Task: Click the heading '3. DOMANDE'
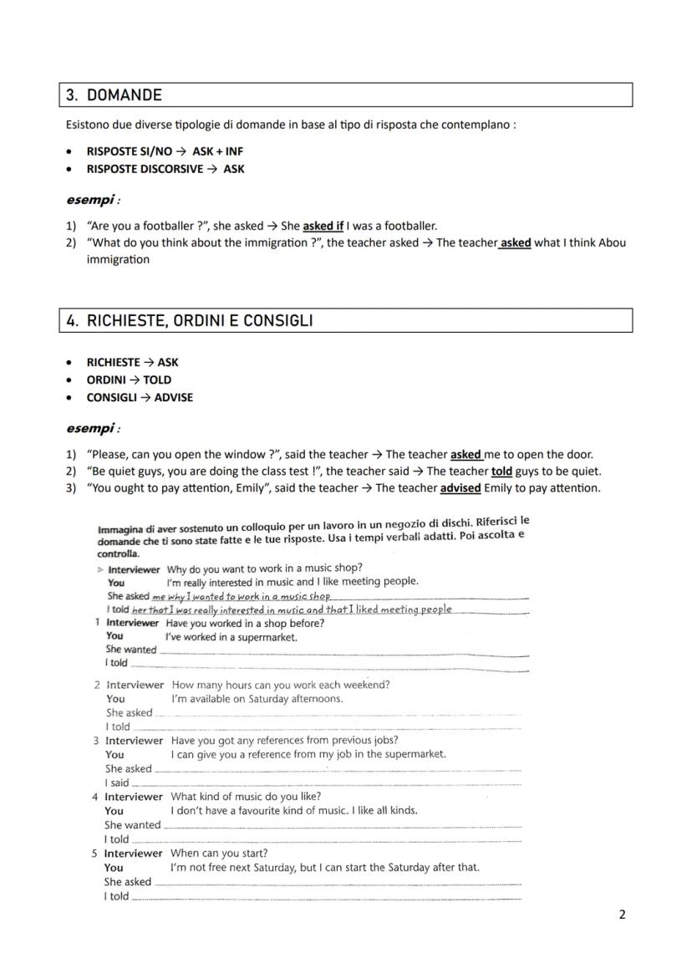[114, 95]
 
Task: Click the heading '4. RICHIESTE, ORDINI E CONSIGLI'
[200, 321]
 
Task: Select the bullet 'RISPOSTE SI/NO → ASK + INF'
[165, 151]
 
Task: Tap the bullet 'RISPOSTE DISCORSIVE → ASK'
[165, 169]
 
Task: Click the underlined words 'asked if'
[323, 226]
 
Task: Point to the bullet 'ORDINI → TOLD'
[129, 380]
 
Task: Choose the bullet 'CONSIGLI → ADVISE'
[140, 397]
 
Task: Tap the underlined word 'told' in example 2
[501, 472]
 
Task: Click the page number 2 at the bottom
[622, 915]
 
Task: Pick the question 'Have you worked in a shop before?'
[245, 623]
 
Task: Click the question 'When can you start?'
[219, 854]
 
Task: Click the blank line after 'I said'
[326, 783]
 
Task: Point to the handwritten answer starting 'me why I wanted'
[242, 596]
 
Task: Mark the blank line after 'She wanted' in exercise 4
[343, 825]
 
